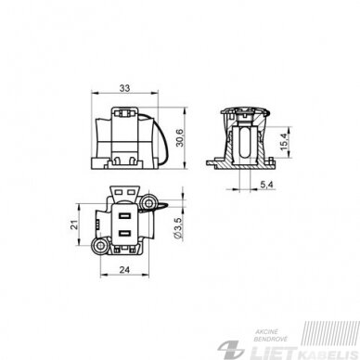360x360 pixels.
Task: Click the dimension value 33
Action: (124, 88)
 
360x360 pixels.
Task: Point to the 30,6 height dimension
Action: (180, 138)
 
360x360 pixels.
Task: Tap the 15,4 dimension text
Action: (285, 142)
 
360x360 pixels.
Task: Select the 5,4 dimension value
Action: (266, 185)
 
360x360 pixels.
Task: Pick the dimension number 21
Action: (73, 225)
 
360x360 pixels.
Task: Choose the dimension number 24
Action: (124, 270)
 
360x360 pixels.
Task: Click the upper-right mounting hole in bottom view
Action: (149, 203)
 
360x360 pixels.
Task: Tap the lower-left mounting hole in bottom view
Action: (100, 246)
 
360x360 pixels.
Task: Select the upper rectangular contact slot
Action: (125, 215)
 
